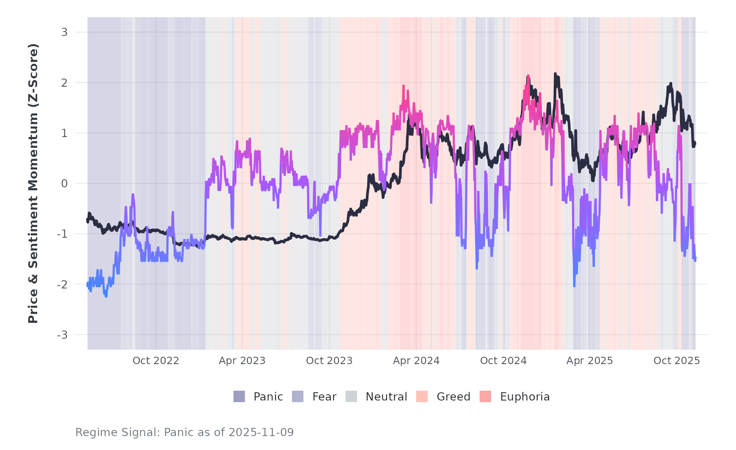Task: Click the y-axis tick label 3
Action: (x=64, y=32)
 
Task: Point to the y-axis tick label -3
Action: (x=62, y=335)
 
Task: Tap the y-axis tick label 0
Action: (x=64, y=184)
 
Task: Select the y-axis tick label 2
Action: (x=64, y=83)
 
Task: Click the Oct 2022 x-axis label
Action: (x=156, y=361)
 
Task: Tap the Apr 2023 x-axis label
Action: (x=242, y=361)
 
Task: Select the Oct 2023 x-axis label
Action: (x=329, y=361)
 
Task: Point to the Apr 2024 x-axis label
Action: (x=416, y=361)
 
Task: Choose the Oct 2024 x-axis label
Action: (x=503, y=361)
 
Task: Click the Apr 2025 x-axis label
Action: (x=590, y=361)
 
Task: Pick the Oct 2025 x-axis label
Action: (x=677, y=361)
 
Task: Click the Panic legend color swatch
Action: (x=239, y=396)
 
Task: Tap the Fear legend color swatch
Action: (x=298, y=396)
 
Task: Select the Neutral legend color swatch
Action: (x=351, y=396)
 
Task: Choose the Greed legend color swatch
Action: (x=422, y=396)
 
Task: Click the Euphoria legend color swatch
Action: (x=485, y=396)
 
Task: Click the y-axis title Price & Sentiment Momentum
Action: (x=33, y=183)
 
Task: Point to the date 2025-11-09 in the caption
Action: (x=261, y=432)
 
